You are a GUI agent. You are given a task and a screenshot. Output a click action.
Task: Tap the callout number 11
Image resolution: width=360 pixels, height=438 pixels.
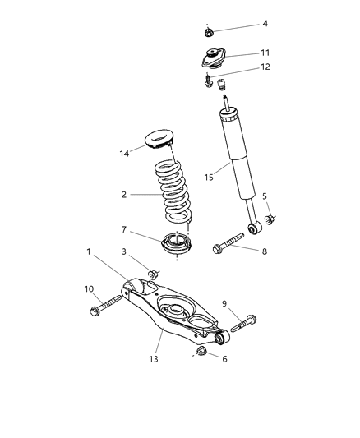265,53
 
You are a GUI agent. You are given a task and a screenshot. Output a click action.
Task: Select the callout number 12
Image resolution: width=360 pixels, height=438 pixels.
265,67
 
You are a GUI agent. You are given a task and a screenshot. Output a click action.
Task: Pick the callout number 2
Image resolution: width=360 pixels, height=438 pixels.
124,195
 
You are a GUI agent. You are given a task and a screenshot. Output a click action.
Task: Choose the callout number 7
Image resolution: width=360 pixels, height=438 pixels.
124,230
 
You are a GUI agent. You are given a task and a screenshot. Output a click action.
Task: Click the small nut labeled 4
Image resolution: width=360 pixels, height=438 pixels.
209,32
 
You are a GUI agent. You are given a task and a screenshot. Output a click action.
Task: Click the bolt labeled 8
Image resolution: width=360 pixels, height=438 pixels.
229,244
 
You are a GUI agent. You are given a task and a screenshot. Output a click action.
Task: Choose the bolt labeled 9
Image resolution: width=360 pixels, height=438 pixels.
243,321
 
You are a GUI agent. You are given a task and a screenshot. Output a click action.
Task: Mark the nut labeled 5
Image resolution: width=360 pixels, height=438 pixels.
270,220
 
